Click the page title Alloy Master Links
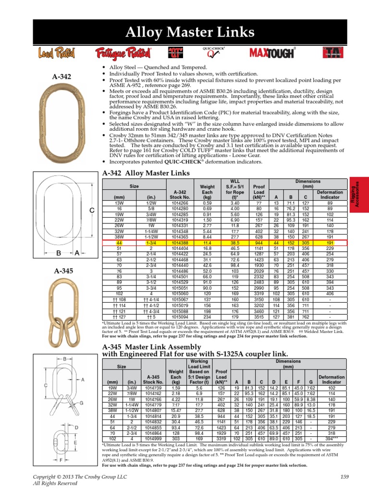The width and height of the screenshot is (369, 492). click(x=191, y=33)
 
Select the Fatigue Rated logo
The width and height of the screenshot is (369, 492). click(x=116, y=52)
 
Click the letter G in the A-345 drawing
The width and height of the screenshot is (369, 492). click(x=82, y=403)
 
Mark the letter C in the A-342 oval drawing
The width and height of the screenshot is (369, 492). click(x=91, y=210)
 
